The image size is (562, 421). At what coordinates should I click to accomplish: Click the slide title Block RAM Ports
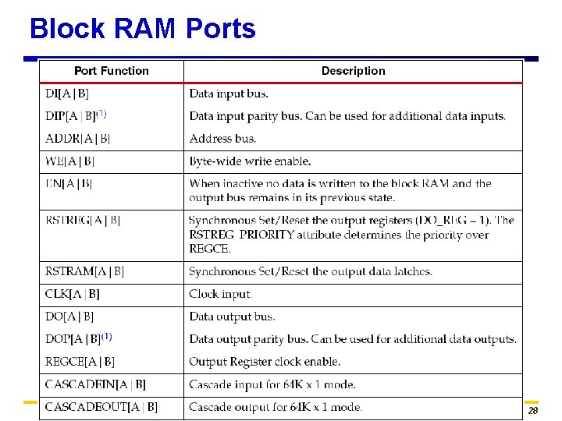(x=142, y=30)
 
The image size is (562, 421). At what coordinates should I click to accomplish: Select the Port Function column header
(x=111, y=71)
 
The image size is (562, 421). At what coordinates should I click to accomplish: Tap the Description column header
(x=353, y=71)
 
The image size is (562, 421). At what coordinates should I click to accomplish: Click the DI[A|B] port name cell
(x=67, y=94)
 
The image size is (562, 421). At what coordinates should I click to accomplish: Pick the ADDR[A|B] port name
(x=77, y=139)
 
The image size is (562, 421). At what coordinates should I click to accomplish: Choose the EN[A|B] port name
(x=69, y=184)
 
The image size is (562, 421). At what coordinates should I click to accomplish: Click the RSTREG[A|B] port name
(x=83, y=220)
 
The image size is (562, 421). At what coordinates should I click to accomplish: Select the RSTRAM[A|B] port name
(x=84, y=271)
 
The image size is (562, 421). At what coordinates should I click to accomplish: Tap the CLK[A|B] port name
(x=73, y=294)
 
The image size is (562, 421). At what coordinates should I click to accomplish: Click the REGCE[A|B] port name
(x=80, y=362)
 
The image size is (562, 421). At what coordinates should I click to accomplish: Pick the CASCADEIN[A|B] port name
(x=95, y=384)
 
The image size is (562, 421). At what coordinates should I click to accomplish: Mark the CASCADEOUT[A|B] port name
(x=101, y=407)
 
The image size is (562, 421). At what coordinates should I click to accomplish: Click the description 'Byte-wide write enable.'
(x=250, y=161)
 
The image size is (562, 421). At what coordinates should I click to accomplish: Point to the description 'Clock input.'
(x=220, y=295)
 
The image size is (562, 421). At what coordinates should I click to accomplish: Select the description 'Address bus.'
(x=222, y=139)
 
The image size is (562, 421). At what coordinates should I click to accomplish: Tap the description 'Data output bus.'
(x=232, y=317)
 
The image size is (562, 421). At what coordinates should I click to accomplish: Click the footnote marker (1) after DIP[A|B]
(x=101, y=113)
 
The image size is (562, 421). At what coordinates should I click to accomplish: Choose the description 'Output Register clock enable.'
(x=265, y=362)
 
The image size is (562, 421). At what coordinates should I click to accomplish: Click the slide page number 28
(x=533, y=411)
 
